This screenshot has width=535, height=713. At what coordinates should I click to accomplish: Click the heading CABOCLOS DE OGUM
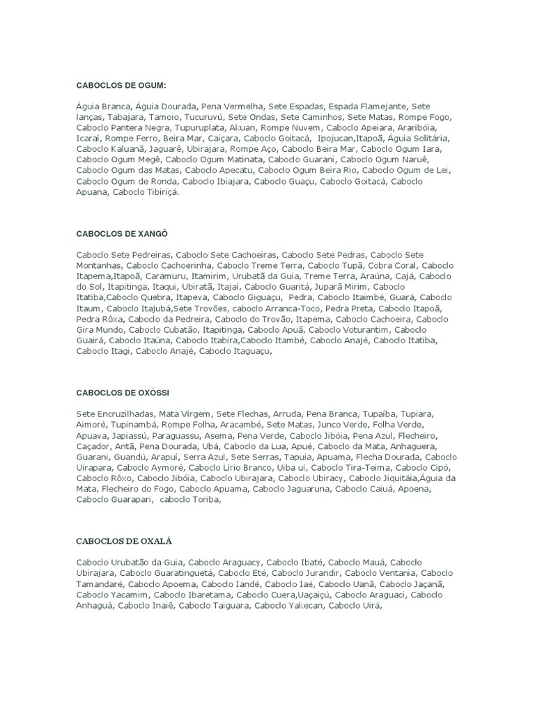pos(121,85)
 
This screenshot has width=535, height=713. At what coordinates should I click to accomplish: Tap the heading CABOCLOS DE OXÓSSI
pos(123,392)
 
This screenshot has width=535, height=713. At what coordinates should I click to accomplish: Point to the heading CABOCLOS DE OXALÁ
pos(124,540)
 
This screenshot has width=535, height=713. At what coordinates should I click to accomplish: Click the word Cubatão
pos(178,329)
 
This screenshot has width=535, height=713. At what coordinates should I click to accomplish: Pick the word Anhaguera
pos(403,446)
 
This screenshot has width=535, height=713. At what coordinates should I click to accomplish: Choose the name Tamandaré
pos(100,583)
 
